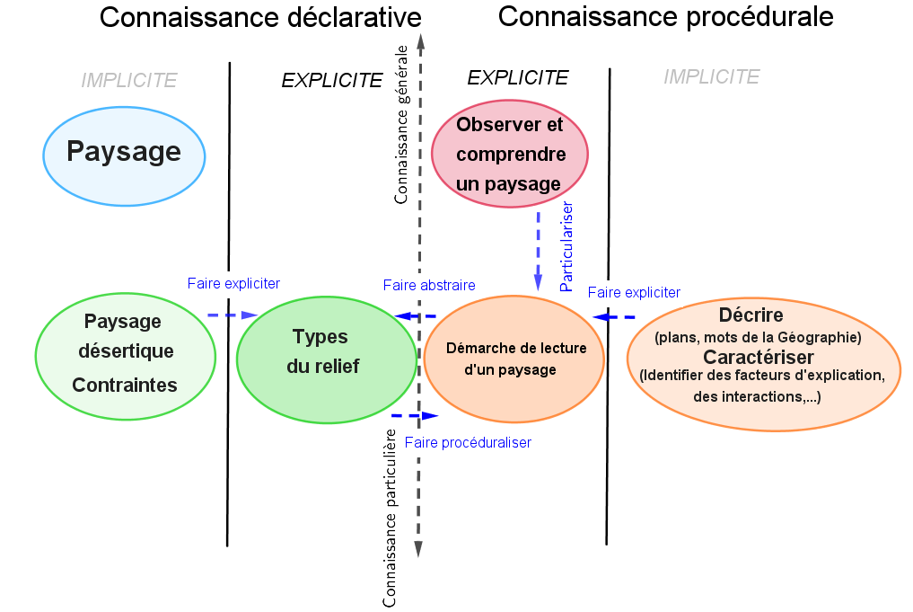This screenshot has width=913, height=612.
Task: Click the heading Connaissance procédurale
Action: click(x=665, y=16)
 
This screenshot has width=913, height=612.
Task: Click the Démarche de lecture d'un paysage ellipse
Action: click(x=515, y=359)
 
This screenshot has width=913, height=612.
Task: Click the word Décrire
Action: click(x=751, y=315)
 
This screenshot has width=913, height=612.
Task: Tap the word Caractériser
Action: click(x=765, y=357)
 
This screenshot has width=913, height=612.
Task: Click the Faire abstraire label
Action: click(x=428, y=285)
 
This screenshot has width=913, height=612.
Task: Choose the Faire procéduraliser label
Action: click(x=468, y=442)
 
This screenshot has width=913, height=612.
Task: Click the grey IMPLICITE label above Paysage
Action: click(x=129, y=80)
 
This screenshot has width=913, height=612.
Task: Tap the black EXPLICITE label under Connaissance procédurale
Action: click(x=518, y=78)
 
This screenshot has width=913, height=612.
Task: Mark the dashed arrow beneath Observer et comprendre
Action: click(x=539, y=250)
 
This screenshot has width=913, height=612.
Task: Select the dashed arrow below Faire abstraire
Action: click(x=416, y=316)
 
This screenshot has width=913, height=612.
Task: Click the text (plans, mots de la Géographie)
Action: click(x=759, y=337)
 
